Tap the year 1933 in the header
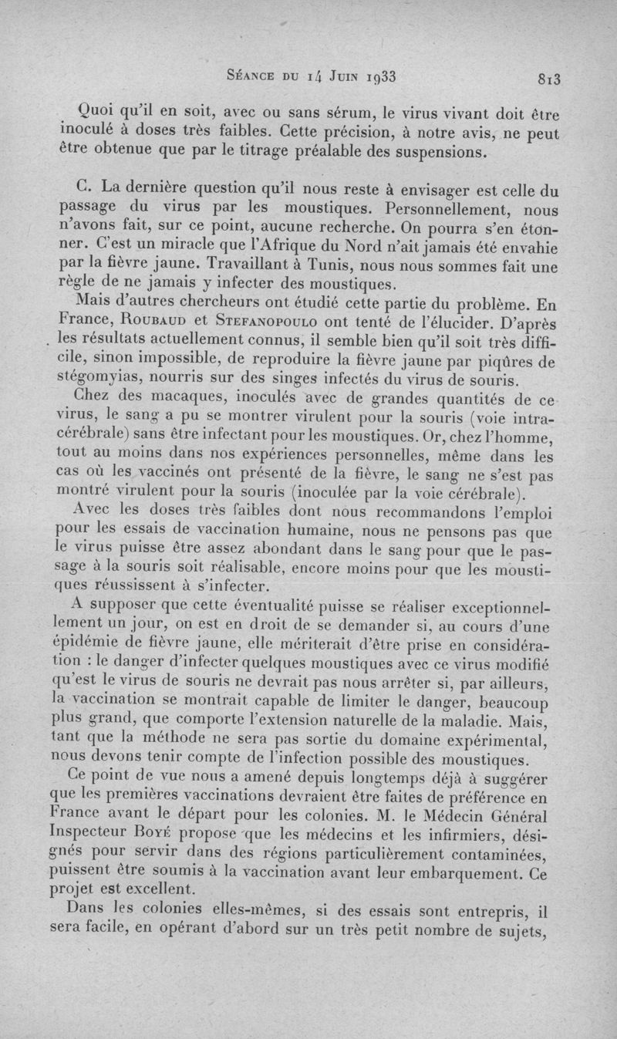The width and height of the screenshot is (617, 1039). [x=375, y=76]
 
